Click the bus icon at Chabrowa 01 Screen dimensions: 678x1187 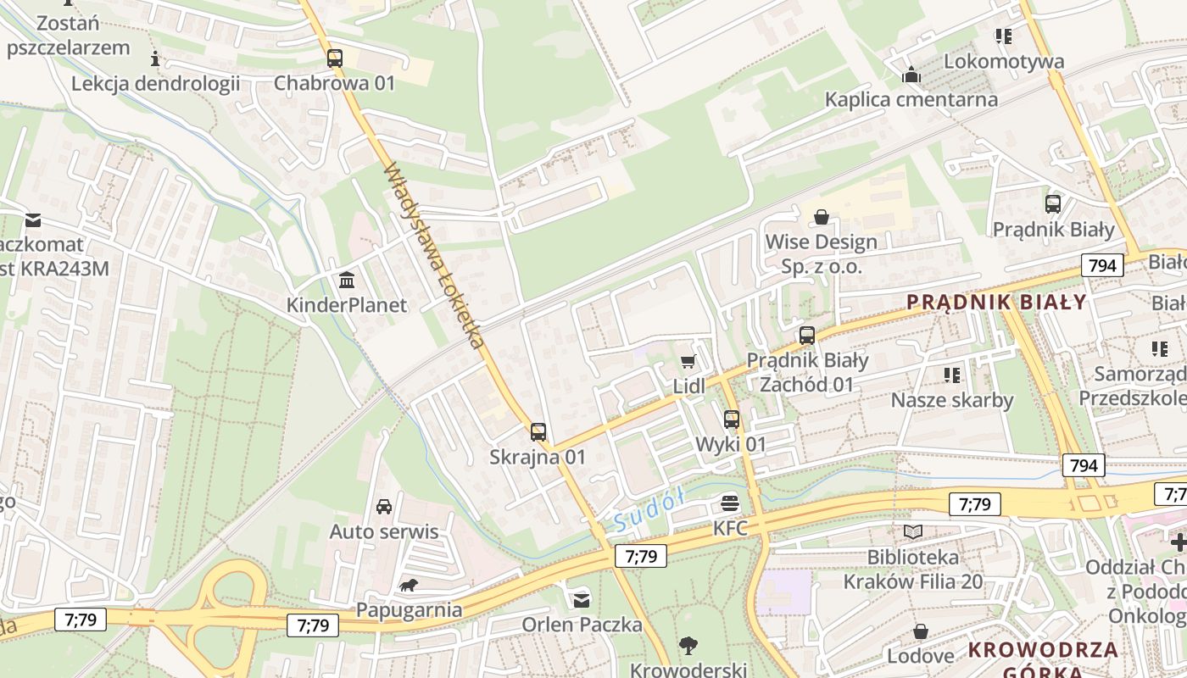point(335,58)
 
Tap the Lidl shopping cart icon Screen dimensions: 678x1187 point(688,362)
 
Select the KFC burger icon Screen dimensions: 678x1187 point(730,503)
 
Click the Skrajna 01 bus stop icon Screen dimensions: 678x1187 point(538,432)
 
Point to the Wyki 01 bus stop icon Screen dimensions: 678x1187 point(732,419)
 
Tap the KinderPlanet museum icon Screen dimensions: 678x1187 point(347,280)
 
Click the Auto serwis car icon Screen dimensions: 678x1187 point(384,507)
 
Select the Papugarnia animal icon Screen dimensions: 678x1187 point(409,585)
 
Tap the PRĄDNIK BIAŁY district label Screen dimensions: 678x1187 point(996,303)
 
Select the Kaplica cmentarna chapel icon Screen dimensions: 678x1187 point(911,75)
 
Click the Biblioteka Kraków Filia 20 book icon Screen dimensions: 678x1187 point(912,531)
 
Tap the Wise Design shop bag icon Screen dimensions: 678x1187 point(821,217)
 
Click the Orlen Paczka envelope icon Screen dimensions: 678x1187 point(581,600)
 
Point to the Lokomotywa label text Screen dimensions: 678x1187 point(1004,61)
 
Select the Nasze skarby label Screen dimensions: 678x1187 point(951,400)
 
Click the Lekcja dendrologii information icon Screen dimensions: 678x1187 point(155,58)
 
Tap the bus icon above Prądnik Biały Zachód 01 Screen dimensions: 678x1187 point(807,336)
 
